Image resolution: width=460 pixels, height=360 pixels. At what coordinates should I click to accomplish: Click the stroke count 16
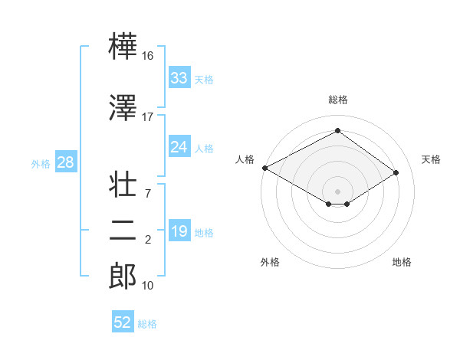[x=147, y=55]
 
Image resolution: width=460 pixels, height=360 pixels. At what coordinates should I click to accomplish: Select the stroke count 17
[x=147, y=117]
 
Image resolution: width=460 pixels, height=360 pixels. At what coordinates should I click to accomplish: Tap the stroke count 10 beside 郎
[x=147, y=286]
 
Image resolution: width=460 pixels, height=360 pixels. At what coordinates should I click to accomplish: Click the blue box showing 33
[x=179, y=78]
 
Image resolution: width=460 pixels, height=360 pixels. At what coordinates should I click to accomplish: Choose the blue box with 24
[x=179, y=147]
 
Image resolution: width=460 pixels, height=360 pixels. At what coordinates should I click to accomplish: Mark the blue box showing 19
[x=179, y=231]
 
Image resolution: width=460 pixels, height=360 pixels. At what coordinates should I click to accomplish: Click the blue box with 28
[x=64, y=162]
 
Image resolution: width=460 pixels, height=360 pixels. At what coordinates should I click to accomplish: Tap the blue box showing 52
[x=122, y=322]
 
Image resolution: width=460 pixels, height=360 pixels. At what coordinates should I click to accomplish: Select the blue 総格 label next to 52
[x=147, y=324]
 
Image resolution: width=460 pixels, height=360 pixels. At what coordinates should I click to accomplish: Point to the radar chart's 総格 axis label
[x=337, y=100]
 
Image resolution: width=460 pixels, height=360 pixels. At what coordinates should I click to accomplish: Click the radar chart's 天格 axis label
[x=431, y=159]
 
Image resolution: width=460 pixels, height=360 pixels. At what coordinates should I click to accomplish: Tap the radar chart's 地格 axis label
[x=402, y=262]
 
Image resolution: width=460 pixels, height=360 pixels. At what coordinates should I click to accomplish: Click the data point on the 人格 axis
[x=264, y=168]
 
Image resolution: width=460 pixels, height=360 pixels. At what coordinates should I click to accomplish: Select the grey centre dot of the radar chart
[x=337, y=190]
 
